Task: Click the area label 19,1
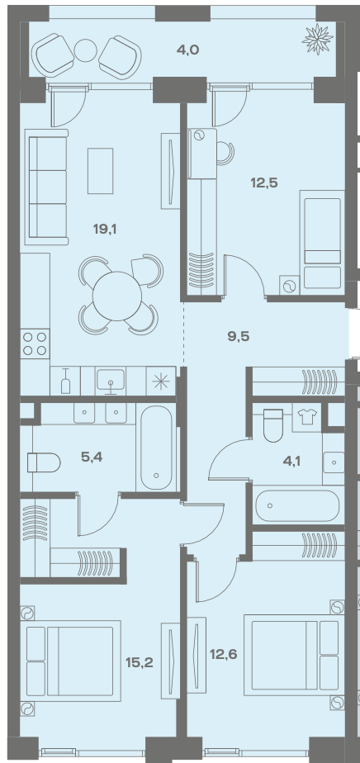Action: tap(105, 228)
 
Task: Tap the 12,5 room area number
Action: tap(263, 183)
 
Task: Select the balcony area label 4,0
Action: tap(187, 50)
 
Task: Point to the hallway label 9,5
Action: tap(239, 336)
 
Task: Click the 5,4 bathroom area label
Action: tap(92, 457)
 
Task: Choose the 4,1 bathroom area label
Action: tap(292, 460)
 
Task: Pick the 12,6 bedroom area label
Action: tap(223, 654)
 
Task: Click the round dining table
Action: tap(117, 296)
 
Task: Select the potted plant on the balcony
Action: tap(318, 39)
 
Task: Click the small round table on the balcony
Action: tap(86, 50)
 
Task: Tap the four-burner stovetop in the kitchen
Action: tap(35, 343)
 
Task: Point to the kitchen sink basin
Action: tap(111, 381)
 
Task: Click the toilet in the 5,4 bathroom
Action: tap(44, 462)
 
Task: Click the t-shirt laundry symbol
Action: tap(306, 417)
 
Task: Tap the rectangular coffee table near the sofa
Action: tap(100, 171)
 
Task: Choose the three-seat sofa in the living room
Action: tap(47, 187)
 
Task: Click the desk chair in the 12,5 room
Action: tap(225, 153)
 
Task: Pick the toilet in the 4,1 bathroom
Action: tap(273, 425)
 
